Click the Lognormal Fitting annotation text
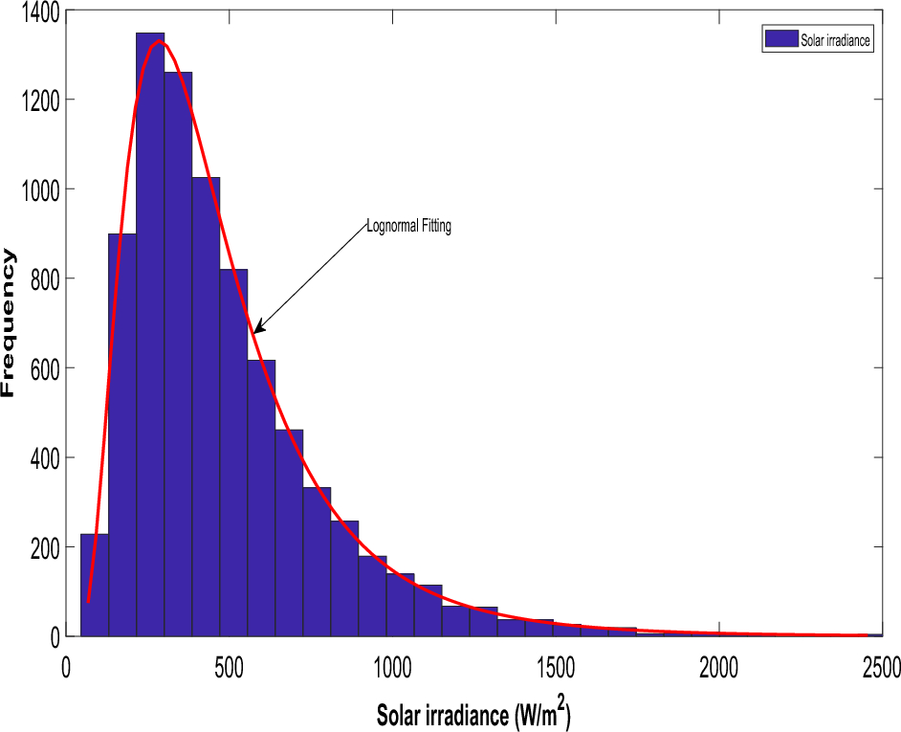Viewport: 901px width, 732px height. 408,228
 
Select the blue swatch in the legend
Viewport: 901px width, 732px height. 780,39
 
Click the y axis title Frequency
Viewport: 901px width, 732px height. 10,322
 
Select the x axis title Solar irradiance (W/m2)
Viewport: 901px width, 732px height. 473,715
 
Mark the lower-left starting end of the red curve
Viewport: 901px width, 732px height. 88,601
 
